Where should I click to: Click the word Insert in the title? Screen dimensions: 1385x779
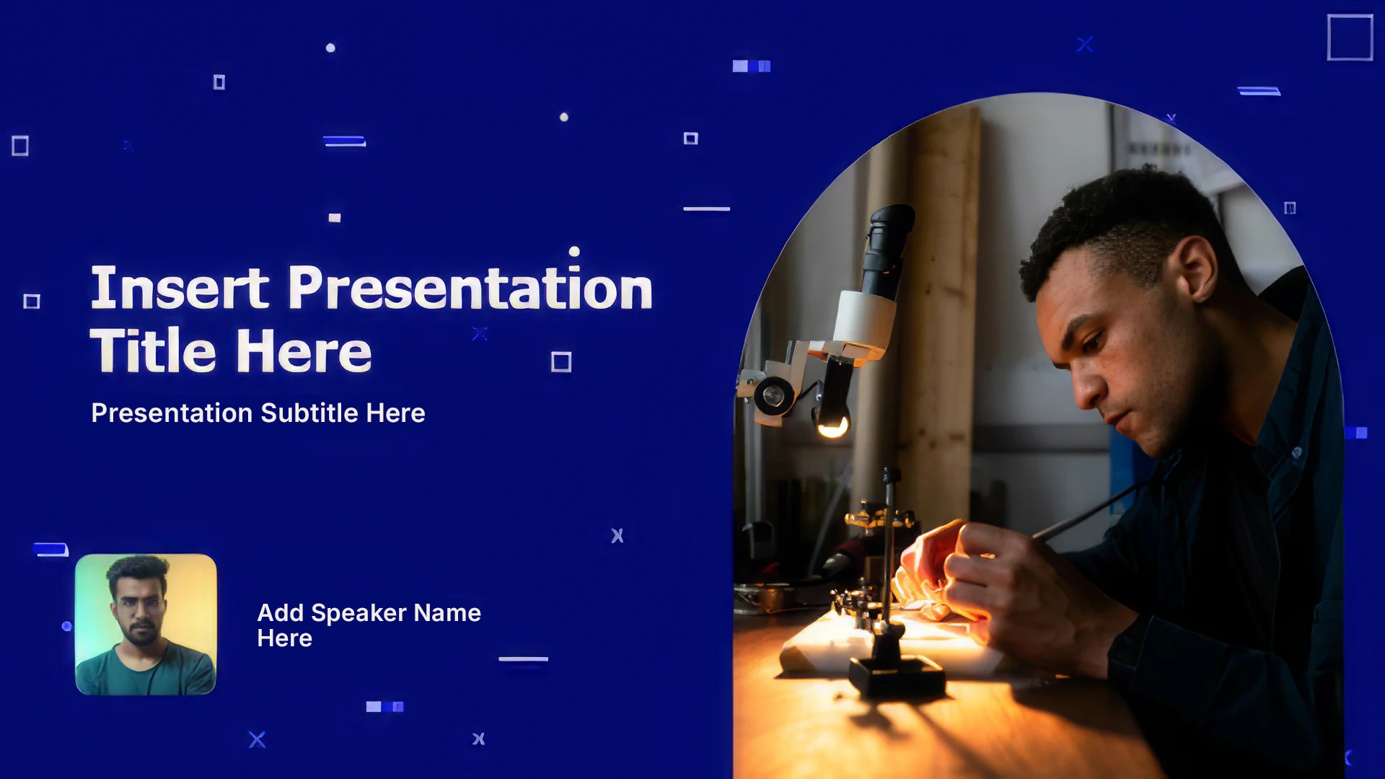[180, 288]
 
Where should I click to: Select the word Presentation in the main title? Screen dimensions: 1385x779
[470, 288]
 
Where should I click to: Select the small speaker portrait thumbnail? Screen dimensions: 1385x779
[146, 625]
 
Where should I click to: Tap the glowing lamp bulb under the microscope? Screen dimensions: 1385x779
[832, 426]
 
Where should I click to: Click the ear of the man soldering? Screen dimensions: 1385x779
[1197, 270]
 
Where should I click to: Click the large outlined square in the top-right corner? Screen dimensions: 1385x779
[1350, 38]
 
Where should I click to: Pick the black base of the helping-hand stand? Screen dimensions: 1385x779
[897, 677]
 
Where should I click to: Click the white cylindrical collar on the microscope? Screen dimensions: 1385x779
[864, 319]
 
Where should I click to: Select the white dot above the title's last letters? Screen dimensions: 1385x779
[574, 251]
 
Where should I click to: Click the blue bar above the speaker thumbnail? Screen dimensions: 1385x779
[50, 550]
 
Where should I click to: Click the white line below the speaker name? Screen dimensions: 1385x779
[523, 659]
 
